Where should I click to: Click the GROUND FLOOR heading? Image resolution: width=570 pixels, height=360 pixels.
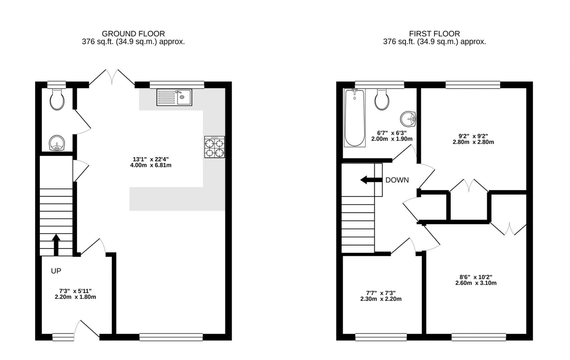[133, 34]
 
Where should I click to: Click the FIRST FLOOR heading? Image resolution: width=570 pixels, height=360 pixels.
[434, 34]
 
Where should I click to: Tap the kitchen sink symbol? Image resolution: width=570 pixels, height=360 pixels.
[174, 97]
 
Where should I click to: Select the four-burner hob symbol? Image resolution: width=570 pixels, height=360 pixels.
[214, 147]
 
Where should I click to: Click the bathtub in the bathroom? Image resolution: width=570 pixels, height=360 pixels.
[355, 118]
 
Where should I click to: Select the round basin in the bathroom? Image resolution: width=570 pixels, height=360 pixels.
[408, 119]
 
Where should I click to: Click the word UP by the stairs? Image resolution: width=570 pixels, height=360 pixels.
[56, 271]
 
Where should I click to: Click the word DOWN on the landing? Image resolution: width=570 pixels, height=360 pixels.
[397, 180]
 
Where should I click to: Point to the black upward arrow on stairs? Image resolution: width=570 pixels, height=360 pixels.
[56, 244]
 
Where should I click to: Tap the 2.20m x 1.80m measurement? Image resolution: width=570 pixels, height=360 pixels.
[75, 297]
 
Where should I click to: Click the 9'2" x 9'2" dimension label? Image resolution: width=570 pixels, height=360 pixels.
[473, 136]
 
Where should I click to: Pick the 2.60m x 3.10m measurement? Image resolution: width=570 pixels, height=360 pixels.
[476, 283]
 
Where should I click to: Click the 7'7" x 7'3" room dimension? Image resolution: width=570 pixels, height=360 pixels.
[380, 293]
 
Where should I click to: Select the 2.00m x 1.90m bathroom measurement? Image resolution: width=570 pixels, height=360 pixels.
[392, 139]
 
